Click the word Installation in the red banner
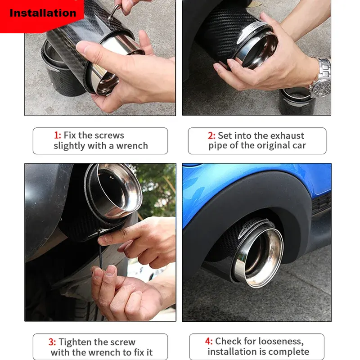[43, 13]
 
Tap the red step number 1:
[58, 135]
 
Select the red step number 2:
[211, 136]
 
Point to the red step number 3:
[52, 342]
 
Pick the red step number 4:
[209, 341]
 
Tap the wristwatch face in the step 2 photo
[321, 87]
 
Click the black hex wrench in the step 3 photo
[101, 250]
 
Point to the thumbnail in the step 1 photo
[84, 47]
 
